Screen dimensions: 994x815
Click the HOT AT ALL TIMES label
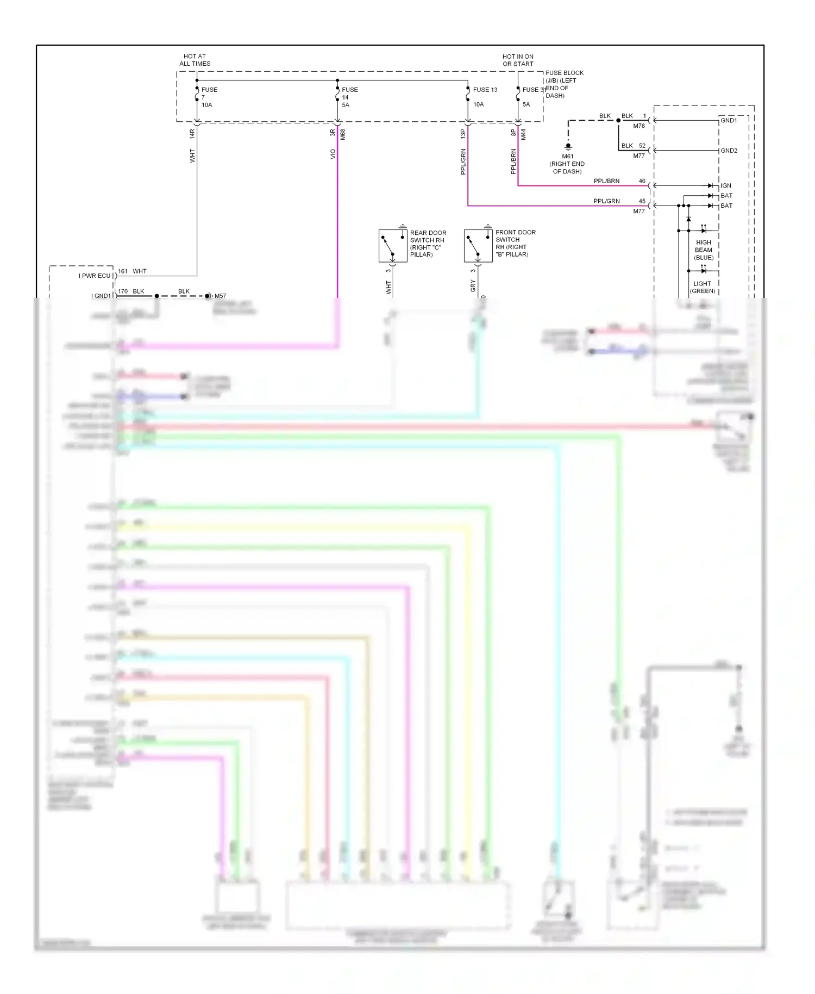click(x=195, y=60)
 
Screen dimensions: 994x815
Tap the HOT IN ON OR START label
click(x=518, y=60)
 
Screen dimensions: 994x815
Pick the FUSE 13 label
click(x=485, y=90)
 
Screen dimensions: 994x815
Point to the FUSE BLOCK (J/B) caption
click(x=564, y=84)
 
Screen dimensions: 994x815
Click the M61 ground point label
click(x=567, y=164)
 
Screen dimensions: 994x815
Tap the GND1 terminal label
click(x=729, y=120)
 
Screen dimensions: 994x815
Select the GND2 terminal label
click(x=729, y=151)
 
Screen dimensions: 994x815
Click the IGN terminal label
click(x=726, y=185)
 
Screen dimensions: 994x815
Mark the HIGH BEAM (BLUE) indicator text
click(x=704, y=250)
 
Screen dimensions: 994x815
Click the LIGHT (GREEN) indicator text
click(x=703, y=287)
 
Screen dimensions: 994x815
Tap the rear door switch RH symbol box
click(x=393, y=246)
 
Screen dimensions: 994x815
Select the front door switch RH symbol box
click(x=478, y=245)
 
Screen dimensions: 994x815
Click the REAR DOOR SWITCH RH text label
click(x=428, y=244)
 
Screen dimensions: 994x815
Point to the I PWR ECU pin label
click(x=95, y=276)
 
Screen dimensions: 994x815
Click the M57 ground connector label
click(x=220, y=296)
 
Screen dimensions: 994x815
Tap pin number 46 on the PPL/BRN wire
click(x=642, y=181)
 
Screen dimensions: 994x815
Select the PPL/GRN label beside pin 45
click(x=606, y=201)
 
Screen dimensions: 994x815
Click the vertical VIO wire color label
click(x=333, y=154)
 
